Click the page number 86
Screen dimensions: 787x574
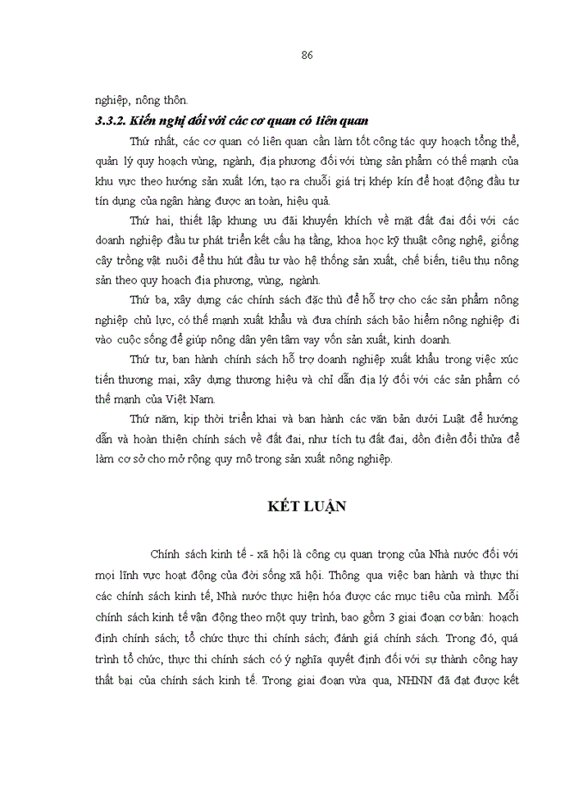[x=307, y=56]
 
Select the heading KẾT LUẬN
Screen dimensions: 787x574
[x=307, y=506]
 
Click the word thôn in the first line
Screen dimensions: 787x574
[x=173, y=101]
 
